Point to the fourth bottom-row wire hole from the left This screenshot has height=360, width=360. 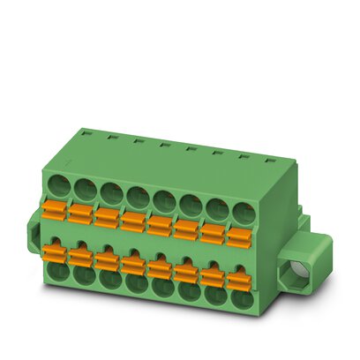coord(134,283)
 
